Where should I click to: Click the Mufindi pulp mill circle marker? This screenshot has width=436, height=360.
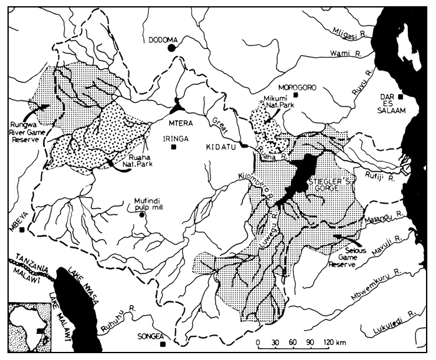tap(142, 214)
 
